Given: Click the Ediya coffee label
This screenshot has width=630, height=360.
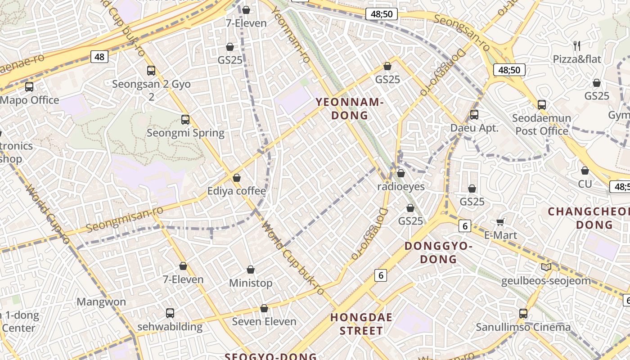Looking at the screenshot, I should (236, 191).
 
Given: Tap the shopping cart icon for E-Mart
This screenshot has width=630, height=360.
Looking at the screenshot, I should (500, 222).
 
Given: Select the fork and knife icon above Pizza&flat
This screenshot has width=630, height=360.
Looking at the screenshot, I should (577, 45).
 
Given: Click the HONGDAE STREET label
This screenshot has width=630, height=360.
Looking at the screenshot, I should (361, 324).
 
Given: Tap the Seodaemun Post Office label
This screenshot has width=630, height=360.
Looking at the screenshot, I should (542, 125).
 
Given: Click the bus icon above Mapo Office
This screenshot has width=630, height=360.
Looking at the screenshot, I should (29, 87).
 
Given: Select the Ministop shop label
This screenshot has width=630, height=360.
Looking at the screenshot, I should (251, 283).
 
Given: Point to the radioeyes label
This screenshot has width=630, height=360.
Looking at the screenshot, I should (400, 186).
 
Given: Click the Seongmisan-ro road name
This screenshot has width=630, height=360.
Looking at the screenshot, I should (124, 220).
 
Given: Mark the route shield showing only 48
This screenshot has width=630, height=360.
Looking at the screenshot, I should (99, 57).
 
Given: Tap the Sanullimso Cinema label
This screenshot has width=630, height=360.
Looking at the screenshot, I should (523, 327).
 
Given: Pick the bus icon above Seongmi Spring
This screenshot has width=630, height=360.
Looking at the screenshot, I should (185, 120).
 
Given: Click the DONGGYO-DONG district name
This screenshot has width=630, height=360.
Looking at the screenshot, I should (438, 252).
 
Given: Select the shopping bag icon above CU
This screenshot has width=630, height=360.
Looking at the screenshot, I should (585, 171).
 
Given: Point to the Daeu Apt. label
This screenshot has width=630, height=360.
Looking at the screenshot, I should (474, 128).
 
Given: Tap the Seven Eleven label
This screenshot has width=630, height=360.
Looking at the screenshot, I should (264, 322).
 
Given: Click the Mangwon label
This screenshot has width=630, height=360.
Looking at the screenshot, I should (101, 301).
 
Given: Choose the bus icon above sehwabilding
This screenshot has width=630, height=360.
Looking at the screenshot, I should (170, 313).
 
